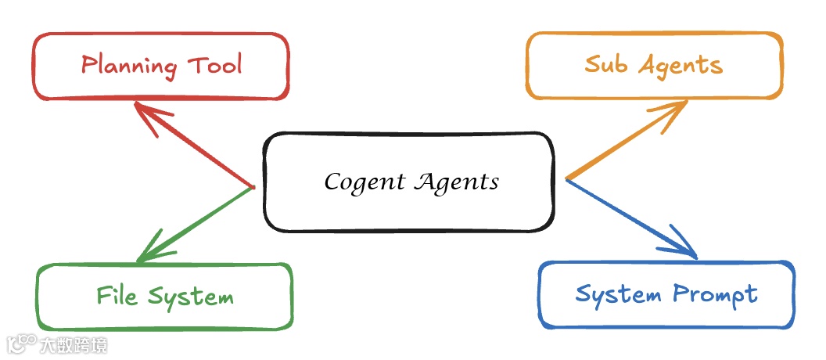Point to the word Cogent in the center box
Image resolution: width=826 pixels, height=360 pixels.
[x=365, y=183]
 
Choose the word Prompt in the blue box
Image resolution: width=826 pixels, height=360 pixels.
[x=714, y=295]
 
